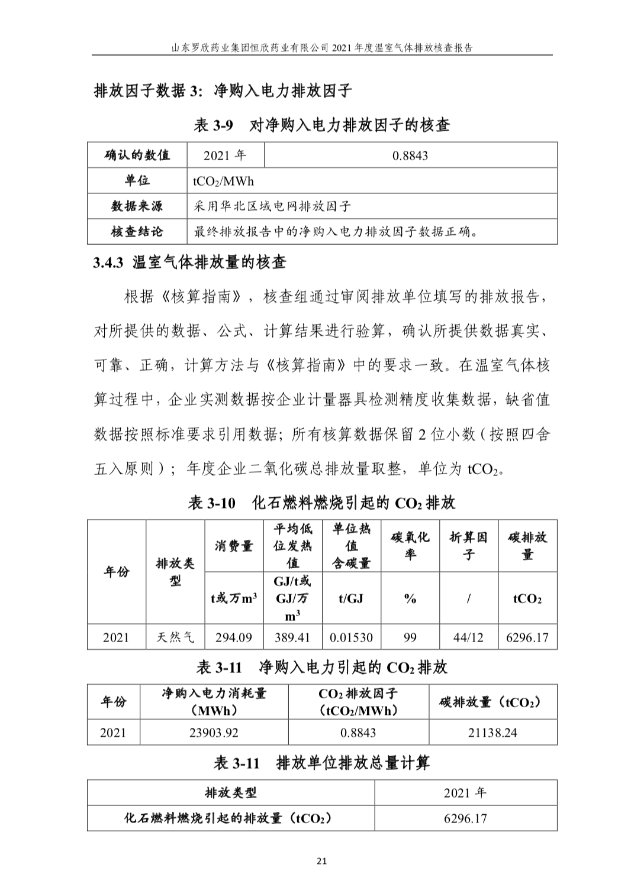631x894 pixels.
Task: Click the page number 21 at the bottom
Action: click(322, 860)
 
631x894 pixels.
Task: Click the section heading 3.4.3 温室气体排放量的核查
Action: click(189, 263)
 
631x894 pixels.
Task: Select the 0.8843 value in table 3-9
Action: click(410, 156)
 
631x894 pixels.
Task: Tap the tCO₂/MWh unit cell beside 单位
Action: click(223, 181)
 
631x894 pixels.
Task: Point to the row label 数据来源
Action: click(137, 206)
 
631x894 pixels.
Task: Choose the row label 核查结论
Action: click(137, 232)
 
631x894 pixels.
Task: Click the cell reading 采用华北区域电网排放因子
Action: click(272, 206)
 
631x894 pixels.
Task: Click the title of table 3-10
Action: click(321, 503)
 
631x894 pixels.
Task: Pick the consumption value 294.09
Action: click(233, 637)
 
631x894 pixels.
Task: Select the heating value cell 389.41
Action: click(292, 637)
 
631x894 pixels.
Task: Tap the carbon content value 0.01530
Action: click(351, 637)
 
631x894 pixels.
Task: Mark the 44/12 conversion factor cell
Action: click(468, 637)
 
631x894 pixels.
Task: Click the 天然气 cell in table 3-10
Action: click(175, 637)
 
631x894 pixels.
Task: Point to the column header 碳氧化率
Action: click(410, 546)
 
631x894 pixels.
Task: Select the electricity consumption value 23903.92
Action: click(214, 733)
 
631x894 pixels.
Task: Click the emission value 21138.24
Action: click(492, 733)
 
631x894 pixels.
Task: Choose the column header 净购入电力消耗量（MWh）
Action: click(214, 702)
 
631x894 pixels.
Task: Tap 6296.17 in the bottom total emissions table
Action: click(465, 819)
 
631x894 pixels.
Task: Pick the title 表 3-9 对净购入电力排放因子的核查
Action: click(322, 125)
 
